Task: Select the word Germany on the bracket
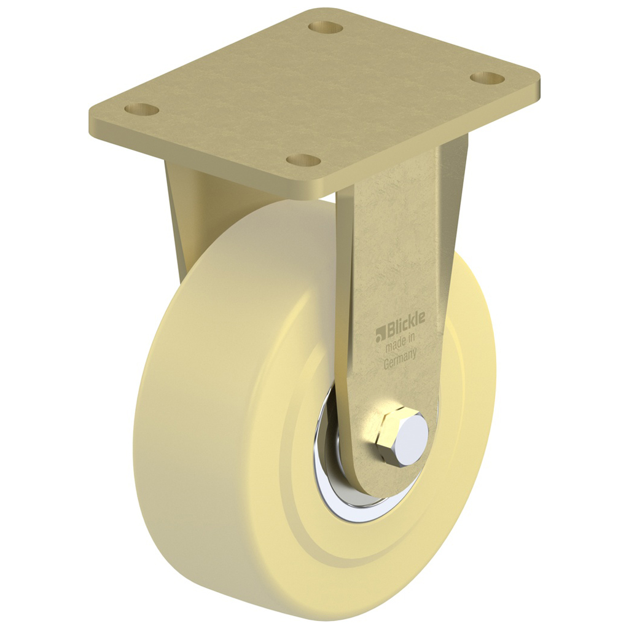pos(400,359)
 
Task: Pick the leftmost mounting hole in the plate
pos(141,109)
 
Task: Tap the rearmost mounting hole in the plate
pos(325,27)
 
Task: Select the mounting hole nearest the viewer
pos(303,160)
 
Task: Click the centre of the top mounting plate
pos(313,92)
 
